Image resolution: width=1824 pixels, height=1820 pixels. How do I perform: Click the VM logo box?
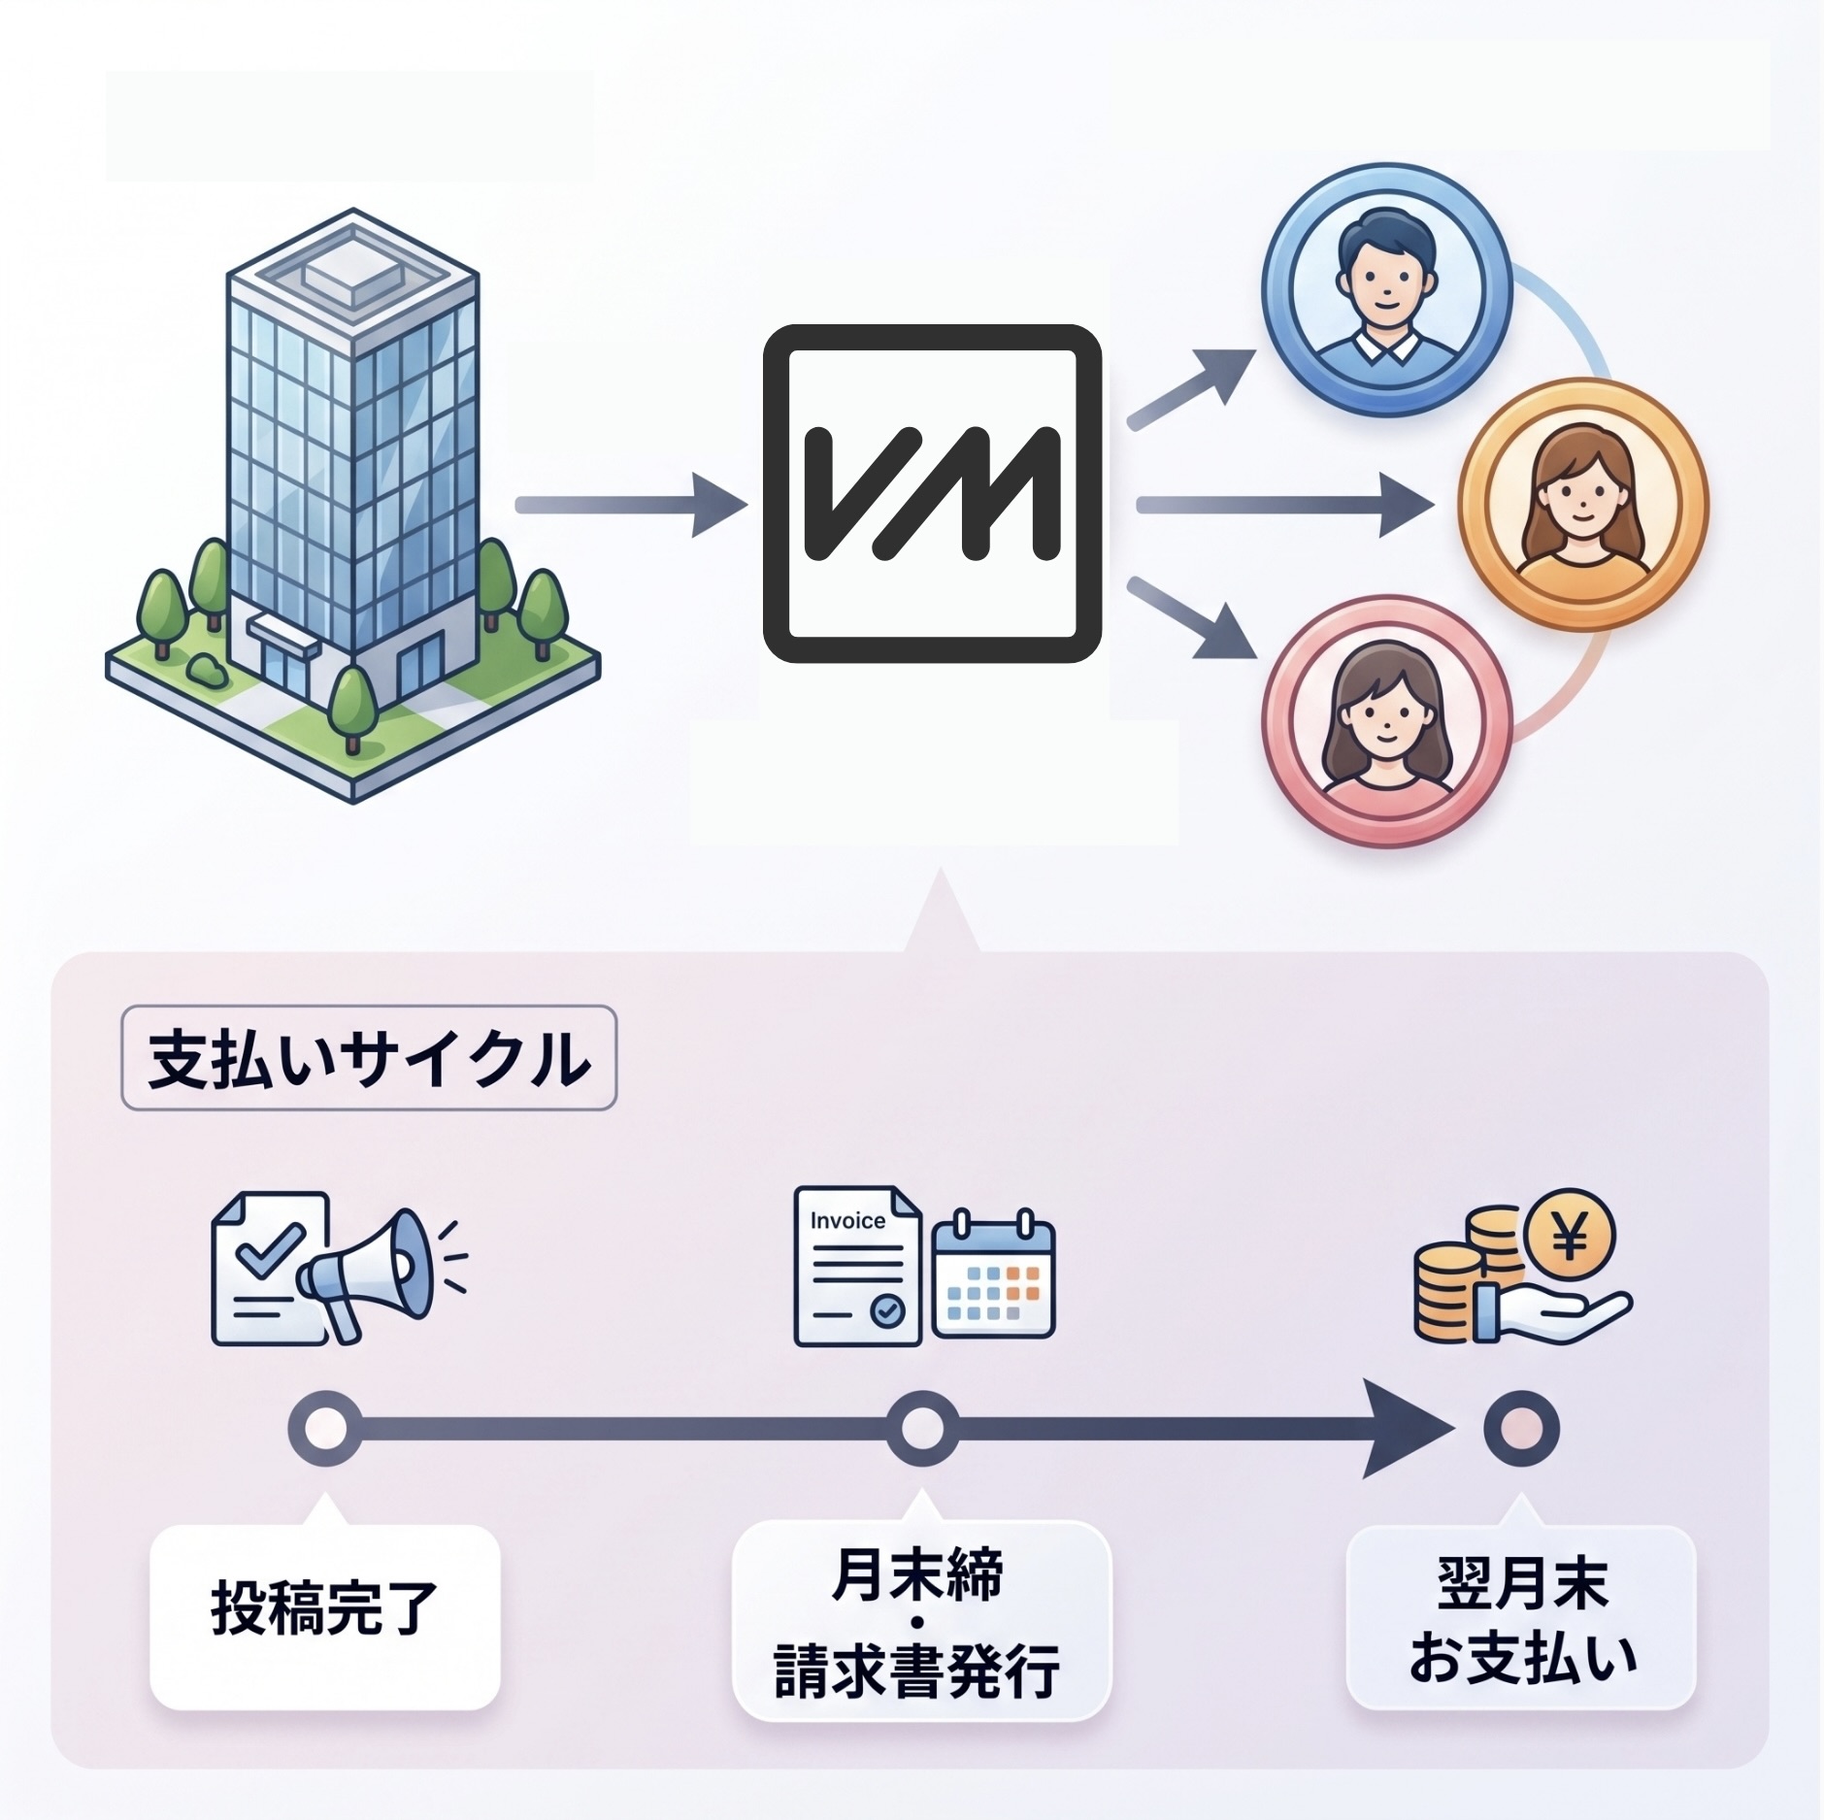pyautogui.click(x=932, y=493)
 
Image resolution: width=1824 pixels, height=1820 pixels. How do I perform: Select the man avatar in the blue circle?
pyautogui.click(x=1386, y=289)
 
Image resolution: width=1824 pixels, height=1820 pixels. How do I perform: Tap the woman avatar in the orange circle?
pyautogui.click(x=1583, y=505)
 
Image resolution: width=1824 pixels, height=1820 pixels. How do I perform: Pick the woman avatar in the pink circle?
pyautogui.click(x=1386, y=720)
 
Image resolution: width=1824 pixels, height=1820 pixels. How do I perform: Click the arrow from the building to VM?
pyautogui.click(x=631, y=505)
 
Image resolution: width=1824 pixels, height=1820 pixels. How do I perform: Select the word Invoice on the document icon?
pyautogui.click(x=846, y=1221)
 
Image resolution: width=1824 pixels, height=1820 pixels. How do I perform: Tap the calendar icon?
pyautogui.click(x=992, y=1274)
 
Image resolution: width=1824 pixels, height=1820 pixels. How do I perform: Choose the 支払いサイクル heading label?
pyautogui.click(x=368, y=1058)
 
